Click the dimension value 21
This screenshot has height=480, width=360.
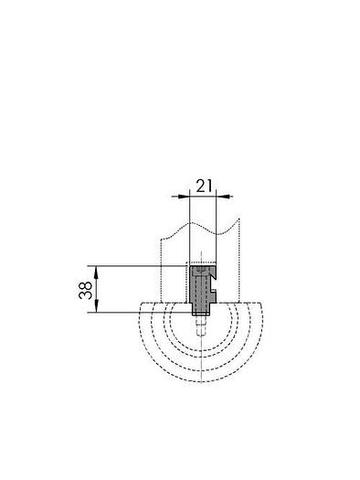(x=204, y=186)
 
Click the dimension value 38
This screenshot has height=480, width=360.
(x=85, y=290)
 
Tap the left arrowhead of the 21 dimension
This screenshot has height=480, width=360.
(x=184, y=197)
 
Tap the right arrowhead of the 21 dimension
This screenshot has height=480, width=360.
(x=222, y=197)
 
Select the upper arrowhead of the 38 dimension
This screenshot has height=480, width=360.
(x=96, y=272)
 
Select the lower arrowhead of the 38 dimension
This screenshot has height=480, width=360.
(x=96, y=306)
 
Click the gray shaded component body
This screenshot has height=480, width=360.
(x=200, y=288)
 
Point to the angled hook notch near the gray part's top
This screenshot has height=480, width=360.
(x=213, y=273)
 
